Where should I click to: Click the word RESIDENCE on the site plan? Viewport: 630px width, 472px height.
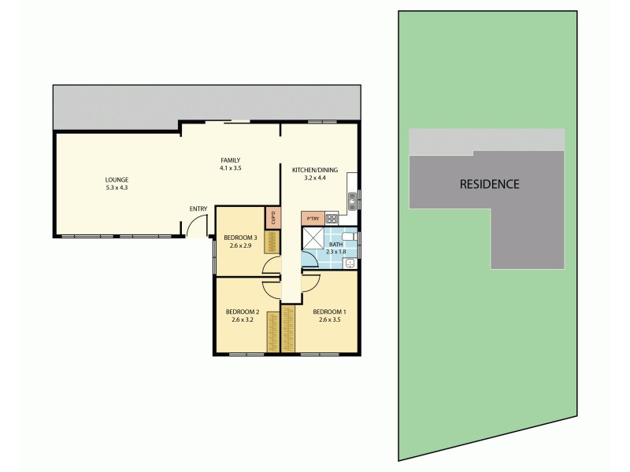point(489,185)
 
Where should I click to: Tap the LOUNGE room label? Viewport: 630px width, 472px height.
point(116,179)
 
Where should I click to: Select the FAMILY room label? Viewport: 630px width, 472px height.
point(230,160)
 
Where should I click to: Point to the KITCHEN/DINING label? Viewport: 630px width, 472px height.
point(309,170)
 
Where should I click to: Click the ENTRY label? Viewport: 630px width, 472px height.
point(198,208)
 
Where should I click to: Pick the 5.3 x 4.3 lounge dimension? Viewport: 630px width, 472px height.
point(116,187)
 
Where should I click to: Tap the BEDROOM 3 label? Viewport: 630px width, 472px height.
point(240,238)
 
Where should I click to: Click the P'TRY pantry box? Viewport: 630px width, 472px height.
point(311,218)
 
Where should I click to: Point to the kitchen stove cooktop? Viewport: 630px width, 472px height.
point(332,218)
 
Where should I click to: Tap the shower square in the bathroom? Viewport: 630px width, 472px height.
point(313,241)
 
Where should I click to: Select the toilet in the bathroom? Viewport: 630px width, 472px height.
point(350,238)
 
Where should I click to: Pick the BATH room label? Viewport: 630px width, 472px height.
point(336,244)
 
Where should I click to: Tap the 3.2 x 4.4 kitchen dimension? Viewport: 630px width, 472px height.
point(309,178)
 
